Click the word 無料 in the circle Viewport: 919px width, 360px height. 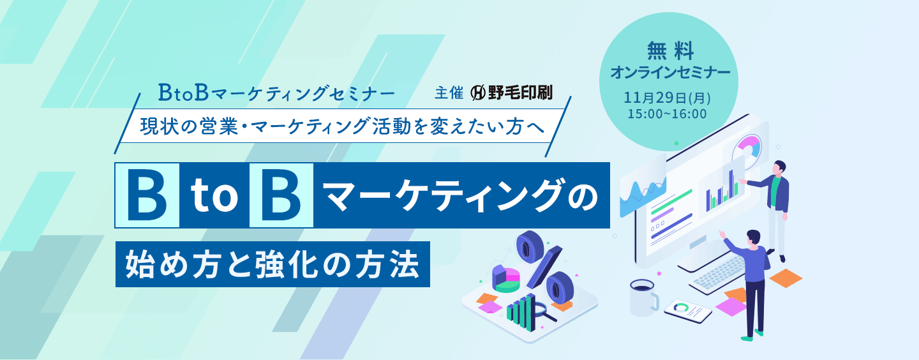(x=669, y=49)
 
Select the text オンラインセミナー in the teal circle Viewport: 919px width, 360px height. (x=669, y=72)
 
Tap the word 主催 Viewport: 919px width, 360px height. (x=448, y=93)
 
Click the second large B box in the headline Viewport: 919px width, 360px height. (x=281, y=196)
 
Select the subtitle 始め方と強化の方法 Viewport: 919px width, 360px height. (x=273, y=263)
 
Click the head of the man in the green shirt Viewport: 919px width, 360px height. (x=782, y=168)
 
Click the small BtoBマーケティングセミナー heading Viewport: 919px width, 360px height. (x=276, y=93)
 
